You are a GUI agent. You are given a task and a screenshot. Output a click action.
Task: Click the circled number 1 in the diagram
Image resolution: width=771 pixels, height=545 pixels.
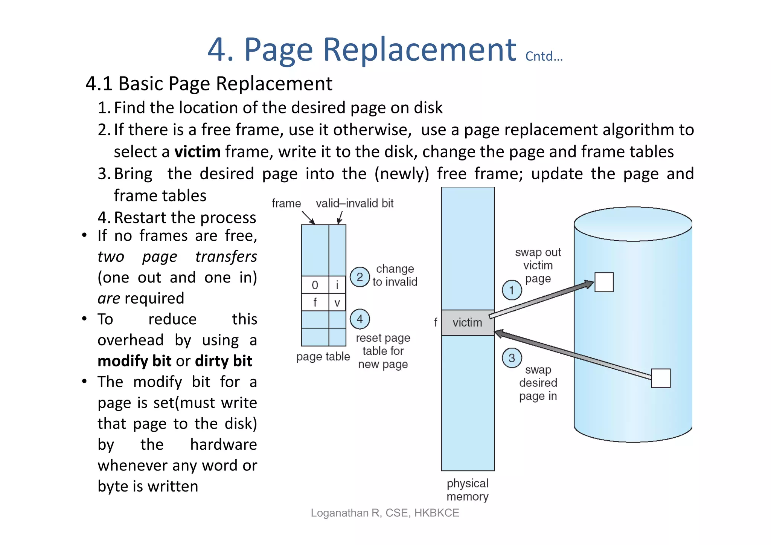[x=512, y=290]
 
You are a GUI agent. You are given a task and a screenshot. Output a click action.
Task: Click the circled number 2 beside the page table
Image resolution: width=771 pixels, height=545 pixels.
[x=360, y=277]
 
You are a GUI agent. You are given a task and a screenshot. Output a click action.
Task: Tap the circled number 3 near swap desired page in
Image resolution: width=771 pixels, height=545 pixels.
[x=512, y=358]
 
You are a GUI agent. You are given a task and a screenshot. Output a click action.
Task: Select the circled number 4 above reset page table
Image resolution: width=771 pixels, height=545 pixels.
[x=360, y=319]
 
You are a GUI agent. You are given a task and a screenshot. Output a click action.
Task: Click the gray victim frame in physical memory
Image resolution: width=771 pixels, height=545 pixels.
[x=468, y=323]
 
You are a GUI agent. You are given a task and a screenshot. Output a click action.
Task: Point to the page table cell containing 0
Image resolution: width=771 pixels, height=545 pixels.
[x=315, y=285]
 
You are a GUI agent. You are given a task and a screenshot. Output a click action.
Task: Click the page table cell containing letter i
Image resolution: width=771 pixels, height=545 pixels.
[x=337, y=285]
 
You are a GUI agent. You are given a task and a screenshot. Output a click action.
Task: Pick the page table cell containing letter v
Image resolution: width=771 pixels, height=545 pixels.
[x=337, y=302]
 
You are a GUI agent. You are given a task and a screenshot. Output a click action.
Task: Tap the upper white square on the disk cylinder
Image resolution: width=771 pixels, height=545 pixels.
[x=604, y=282]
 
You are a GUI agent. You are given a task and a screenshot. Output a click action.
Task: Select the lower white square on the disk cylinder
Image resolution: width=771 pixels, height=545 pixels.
[x=661, y=378]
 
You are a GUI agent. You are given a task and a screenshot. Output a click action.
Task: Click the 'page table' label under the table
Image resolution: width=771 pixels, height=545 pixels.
[x=323, y=356]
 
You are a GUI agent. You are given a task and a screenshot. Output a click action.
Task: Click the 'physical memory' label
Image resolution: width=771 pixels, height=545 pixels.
[x=468, y=490]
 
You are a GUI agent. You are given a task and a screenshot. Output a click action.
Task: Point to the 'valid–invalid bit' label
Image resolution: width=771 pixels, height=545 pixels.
[x=354, y=203]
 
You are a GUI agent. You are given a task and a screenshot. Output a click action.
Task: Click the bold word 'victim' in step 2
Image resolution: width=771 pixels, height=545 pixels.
[x=197, y=152]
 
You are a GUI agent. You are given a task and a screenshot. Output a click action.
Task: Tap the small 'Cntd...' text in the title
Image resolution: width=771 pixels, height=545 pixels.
[x=544, y=56]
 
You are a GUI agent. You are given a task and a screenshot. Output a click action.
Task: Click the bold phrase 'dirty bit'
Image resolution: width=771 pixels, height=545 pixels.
[x=224, y=361]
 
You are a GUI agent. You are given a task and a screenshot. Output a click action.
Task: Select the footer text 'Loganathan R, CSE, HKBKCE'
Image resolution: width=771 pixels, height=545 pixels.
[x=385, y=513]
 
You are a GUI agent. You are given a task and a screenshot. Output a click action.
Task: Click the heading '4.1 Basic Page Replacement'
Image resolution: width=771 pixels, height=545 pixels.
[x=209, y=84]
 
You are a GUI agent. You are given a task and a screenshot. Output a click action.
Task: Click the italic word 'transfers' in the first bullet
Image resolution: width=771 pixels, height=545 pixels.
[x=226, y=256]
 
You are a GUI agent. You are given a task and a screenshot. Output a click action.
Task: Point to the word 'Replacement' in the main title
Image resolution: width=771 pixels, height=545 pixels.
[x=419, y=50]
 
